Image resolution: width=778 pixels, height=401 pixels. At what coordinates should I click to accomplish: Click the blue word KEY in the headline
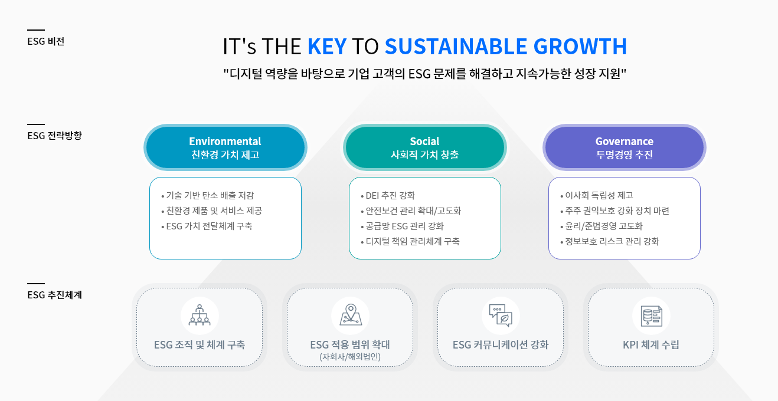click(327, 47)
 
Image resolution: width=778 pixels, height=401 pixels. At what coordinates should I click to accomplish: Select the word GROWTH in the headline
click(580, 47)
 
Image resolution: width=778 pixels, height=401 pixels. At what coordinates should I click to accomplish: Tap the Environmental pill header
click(225, 147)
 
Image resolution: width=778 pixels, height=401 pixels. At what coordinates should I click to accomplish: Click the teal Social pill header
click(425, 147)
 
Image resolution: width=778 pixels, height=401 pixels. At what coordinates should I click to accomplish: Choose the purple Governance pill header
click(625, 147)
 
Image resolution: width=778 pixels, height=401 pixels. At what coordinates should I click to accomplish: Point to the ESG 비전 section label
click(46, 41)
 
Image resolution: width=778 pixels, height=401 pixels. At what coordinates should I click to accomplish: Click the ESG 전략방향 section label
click(54, 135)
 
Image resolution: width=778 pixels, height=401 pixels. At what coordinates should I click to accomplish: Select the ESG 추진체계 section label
click(54, 295)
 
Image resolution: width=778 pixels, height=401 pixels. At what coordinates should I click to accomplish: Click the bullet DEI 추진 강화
click(388, 196)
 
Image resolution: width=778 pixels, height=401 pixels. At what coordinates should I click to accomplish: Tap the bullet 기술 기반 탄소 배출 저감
click(208, 196)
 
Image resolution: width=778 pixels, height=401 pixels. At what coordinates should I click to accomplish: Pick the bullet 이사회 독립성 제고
click(597, 196)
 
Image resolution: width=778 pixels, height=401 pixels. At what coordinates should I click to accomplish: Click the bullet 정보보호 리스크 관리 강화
click(610, 241)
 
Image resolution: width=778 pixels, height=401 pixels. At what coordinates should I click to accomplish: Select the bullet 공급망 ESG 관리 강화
click(402, 226)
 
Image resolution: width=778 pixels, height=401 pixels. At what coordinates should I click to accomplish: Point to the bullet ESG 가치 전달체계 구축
click(207, 226)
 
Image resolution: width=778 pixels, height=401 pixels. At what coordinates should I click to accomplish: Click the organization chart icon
click(200, 315)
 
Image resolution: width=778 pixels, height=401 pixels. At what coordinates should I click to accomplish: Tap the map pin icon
click(351, 315)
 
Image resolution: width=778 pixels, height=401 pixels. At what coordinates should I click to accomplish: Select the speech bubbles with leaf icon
click(501, 315)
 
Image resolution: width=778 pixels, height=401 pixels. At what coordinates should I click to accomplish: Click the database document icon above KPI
click(651, 316)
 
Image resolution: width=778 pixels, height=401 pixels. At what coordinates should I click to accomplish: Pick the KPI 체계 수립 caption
click(651, 345)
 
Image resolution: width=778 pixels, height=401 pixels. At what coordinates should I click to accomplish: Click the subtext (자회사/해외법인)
click(350, 357)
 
